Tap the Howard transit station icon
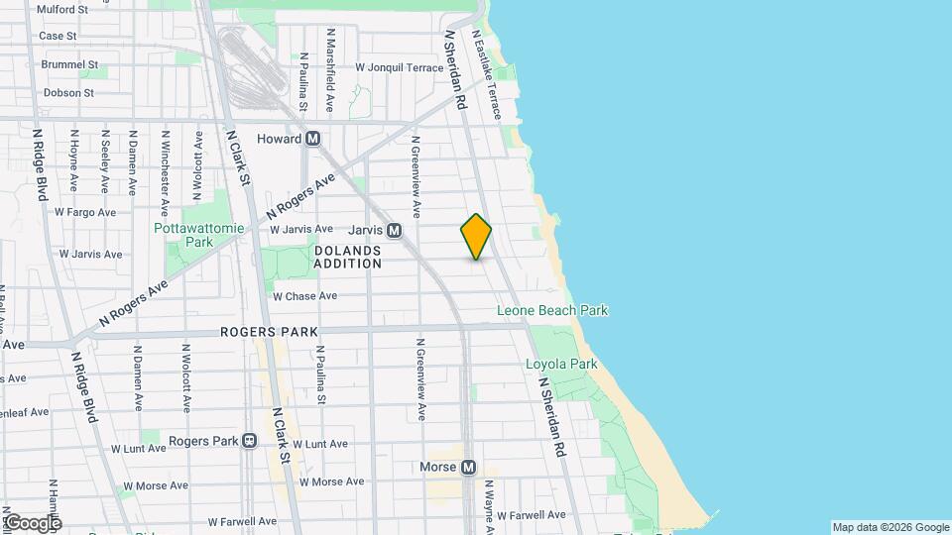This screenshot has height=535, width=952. coord(312,139)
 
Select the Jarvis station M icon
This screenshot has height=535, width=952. coord(394,230)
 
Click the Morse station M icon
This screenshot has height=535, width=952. coord(469,467)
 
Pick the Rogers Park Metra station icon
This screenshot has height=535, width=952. coord(250,441)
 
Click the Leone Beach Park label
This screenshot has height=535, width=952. coord(552,311)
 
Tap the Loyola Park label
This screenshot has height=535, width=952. coord(561,365)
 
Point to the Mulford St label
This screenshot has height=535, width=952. coord(62,9)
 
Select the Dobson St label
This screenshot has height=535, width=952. coord(68,93)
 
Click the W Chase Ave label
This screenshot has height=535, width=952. coord(304,295)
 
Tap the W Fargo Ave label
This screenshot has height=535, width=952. coord(86,212)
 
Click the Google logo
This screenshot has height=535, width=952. coord(33,523)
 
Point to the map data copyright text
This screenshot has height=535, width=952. coord(891,527)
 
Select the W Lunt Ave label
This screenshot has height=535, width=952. coord(312,445)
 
